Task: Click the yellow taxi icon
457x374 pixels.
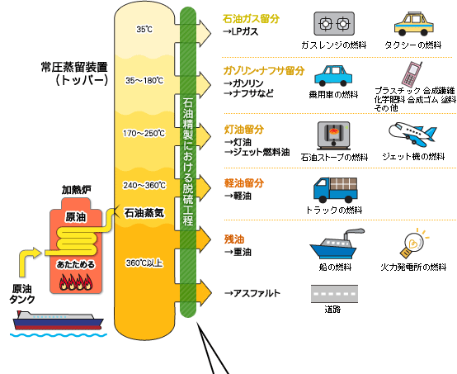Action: tap(414, 24)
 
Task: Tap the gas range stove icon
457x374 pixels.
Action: tap(334, 24)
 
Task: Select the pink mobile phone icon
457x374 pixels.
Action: tap(412, 73)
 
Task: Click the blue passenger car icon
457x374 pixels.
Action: tap(333, 76)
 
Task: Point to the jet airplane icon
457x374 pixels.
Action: tap(412, 134)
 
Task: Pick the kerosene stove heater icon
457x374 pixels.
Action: tap(334, 135)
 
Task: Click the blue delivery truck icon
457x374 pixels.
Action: tap(336, 190)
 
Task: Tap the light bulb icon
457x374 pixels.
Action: tap(413, 244)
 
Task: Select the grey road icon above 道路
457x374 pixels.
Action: tap(334, 294)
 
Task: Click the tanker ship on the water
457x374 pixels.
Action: tap(58, 320)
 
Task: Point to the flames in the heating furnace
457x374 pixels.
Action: tap(76, 282)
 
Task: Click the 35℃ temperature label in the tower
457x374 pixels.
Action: tap(144, 29)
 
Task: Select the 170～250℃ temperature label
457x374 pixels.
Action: tap(144, 133)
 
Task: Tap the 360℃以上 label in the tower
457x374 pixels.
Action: tap(144, 263)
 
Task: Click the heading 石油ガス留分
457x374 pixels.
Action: tap(251, 19)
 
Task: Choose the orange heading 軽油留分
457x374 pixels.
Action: tap(244, 183)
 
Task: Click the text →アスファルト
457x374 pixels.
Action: tap(252, 293)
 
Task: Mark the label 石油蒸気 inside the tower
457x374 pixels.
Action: tap(144, 213)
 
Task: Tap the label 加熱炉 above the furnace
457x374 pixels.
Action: tap(77, 190)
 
